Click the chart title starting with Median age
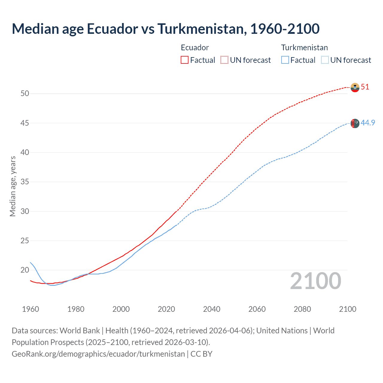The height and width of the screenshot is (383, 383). (x=165, y=29)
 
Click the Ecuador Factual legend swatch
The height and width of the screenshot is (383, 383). (x=185, y=60)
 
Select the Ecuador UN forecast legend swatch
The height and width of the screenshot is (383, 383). (x=224, y=60)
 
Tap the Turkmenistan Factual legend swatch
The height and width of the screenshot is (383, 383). (x=285, y=60)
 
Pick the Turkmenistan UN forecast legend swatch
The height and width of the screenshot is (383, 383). (x=325, y=60)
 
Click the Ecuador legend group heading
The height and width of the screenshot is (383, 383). (x=195, y=48)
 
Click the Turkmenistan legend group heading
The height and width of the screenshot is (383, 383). (x=304, y=48)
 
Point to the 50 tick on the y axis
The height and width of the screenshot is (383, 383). (x=25, y=93)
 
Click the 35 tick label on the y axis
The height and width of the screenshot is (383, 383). (x=25, y=182)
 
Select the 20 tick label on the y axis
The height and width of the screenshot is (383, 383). (x=25, y=270)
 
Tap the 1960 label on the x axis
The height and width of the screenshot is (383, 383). (x=31, y=309)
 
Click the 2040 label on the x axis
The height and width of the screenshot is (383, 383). (x=212, y=309)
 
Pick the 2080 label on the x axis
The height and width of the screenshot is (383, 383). (x=302, y=309)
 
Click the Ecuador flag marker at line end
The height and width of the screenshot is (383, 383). (x=355, y=87)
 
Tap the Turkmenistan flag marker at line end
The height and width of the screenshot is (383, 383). (x=355, y=123)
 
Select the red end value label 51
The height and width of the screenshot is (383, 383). (x=365, y=87)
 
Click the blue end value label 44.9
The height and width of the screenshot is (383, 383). (x=368, y=123)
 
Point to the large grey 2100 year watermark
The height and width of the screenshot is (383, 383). (x=316, y=281)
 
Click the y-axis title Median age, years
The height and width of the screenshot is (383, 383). (x=13, y=186)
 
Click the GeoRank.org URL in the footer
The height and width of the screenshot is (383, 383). (x=98, y=354)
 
